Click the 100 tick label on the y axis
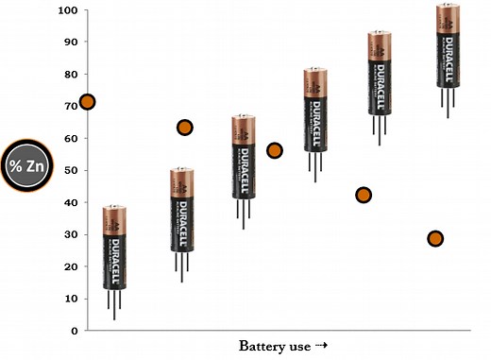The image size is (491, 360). point(67,10)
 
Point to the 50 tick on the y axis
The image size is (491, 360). point(70,170)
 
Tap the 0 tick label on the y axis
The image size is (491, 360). point(73,331)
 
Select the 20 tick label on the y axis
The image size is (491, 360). point(70,266)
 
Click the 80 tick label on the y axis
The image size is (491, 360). point(70,75)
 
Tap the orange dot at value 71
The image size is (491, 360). point(87,101)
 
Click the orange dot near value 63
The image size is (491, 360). point(185,128)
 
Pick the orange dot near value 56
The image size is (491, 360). point(275,150)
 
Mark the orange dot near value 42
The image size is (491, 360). point(364,195)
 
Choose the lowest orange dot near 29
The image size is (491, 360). point(435,238)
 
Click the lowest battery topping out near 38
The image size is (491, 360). point(114,248)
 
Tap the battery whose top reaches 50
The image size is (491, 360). point(181,210)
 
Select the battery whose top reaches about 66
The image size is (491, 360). point(244,157)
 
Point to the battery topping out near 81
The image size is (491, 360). point(314,110)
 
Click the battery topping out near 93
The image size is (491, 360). point(380,73)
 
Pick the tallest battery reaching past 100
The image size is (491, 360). point(449,45)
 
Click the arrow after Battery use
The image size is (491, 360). point(322,345)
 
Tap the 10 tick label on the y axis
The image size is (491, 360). point(70,299)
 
